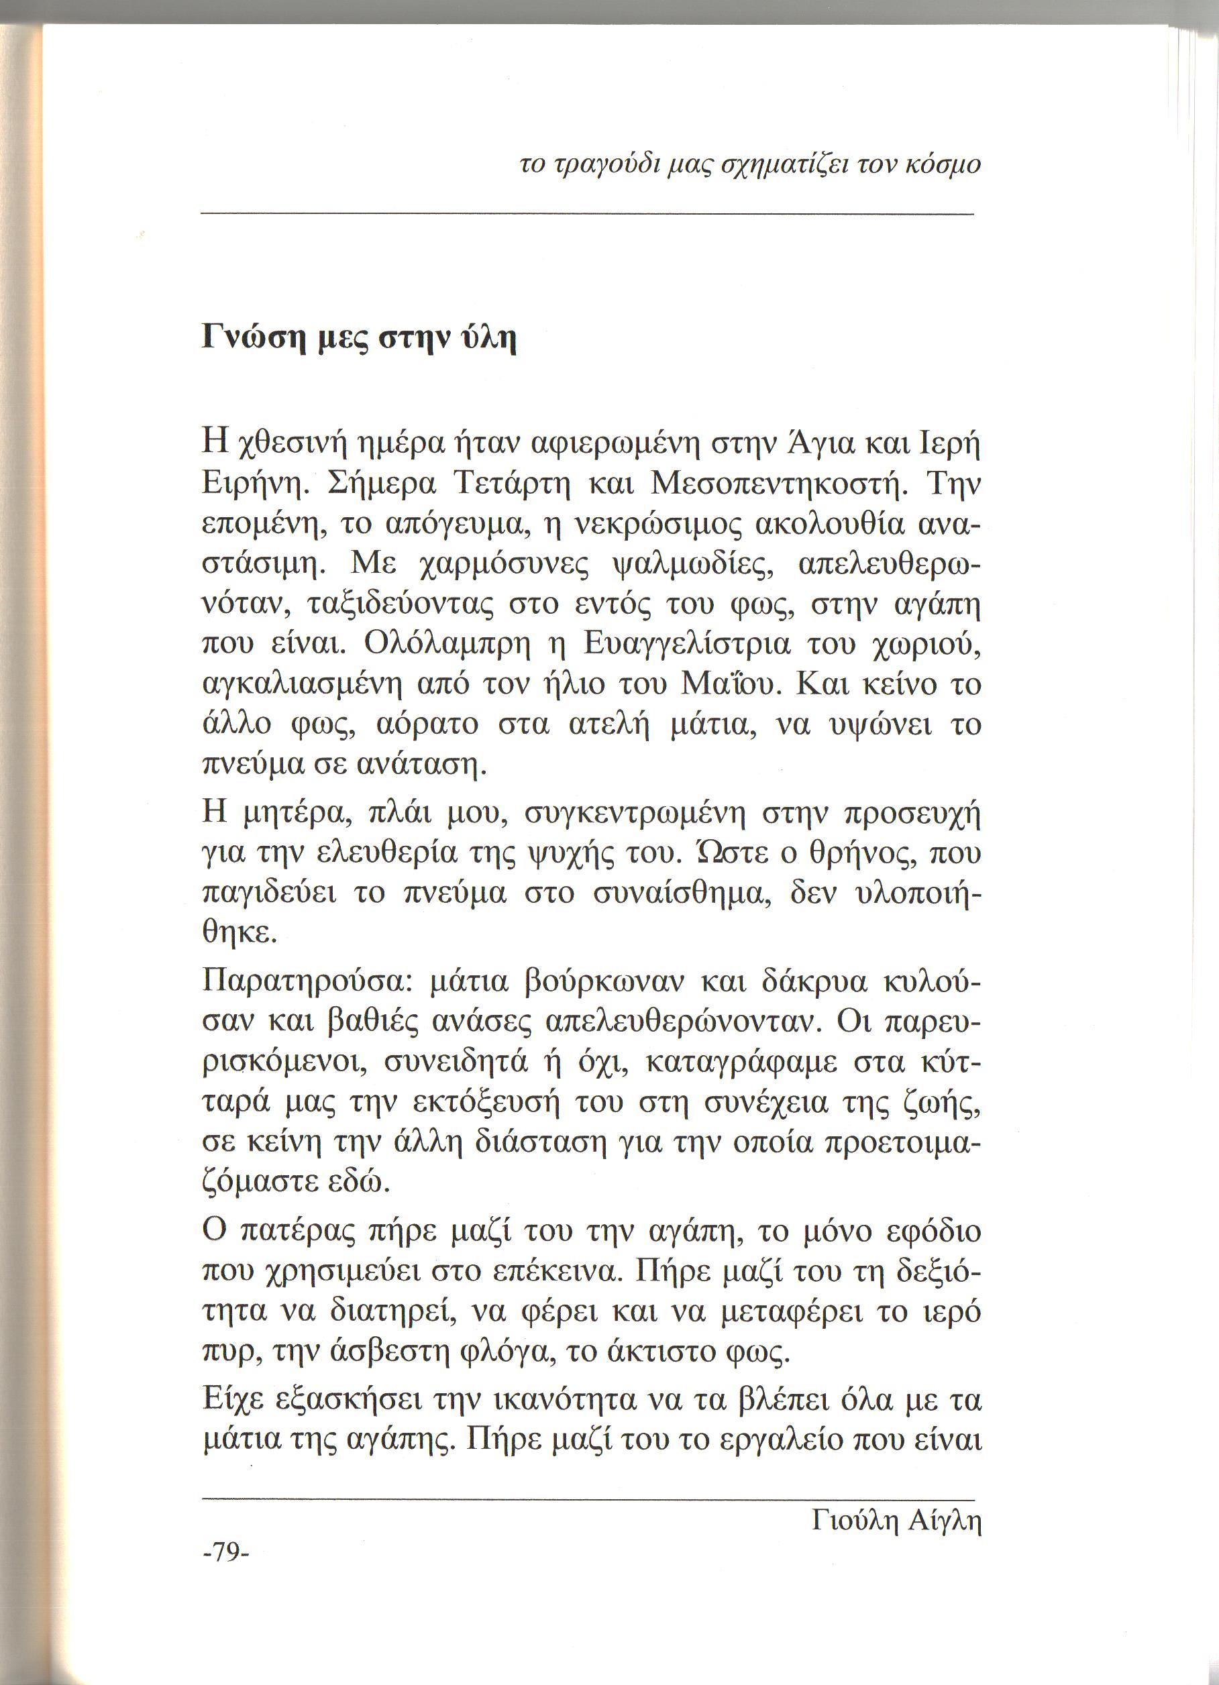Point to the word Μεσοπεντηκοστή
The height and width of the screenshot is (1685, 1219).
point(774,486)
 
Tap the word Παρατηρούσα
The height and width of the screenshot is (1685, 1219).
point(303,982)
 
